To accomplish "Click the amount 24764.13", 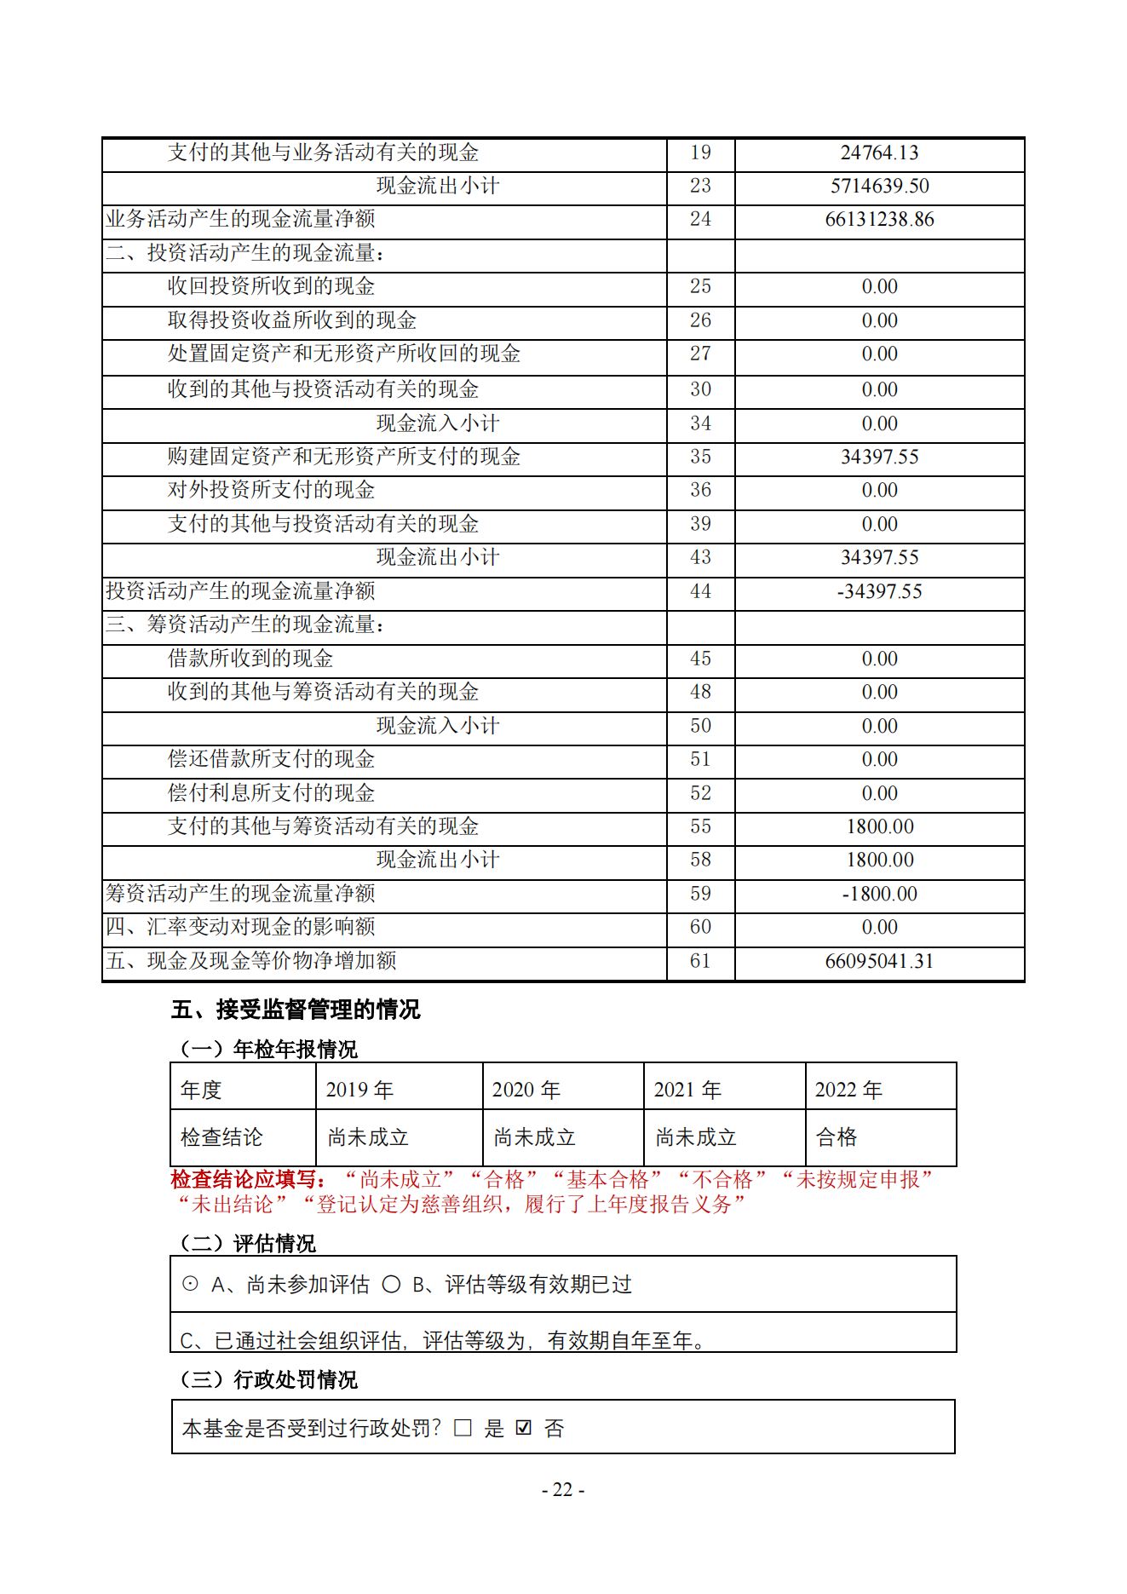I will (x=879, y=153).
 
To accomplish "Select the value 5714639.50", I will (x=879, y=187).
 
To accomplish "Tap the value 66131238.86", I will (x=879, y=220).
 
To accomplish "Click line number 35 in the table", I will (x=700, y=457).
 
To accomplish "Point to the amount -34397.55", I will (x=879, y=592).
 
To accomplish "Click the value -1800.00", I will (x=879, y=895).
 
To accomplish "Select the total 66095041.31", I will (x=879, y=962).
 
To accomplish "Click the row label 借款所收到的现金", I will (x=250, y=659).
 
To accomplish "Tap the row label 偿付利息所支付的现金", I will (x=271, y=793).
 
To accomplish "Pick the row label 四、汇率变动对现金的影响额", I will (x=240, y=928).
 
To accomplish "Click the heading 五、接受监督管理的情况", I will (x=296, y=1010).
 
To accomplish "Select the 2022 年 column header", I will (x=848, y=1090).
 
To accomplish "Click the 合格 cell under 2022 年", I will (x=837, y=1137).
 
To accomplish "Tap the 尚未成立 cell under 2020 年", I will (x=534, y=1137).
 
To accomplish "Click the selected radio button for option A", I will (x=191, y=1284).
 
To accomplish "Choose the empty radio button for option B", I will (x=391, y=1284).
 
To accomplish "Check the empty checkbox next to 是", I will (x=463, y=1428).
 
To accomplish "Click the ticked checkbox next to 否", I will (x=524, y=1428).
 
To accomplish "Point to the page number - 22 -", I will (x=563, y=1490).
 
